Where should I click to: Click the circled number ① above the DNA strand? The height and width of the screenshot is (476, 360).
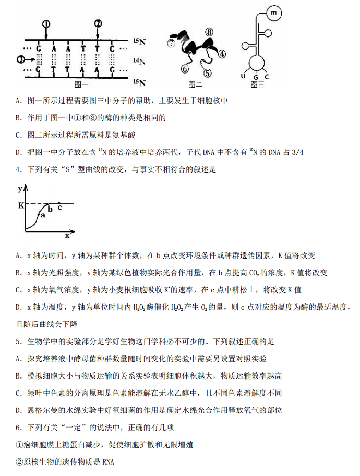point(46,23)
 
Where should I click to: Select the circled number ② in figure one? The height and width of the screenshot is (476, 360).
point(98,23)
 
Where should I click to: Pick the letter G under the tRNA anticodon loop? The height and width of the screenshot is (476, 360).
point(256,78)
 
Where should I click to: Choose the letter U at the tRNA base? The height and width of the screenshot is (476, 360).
point(243,76)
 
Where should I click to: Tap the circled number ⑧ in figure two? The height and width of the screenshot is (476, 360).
point(209,33)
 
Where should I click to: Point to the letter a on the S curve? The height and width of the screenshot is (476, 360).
point(43,215)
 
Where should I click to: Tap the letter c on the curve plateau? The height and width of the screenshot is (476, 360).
point(60,207)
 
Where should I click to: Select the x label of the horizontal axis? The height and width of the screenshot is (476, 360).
point(67,235)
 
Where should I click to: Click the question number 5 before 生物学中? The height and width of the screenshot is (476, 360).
point(18,341)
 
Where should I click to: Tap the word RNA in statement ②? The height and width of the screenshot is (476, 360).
point(108,462)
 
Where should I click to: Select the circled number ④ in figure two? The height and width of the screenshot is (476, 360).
point(222,53)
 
